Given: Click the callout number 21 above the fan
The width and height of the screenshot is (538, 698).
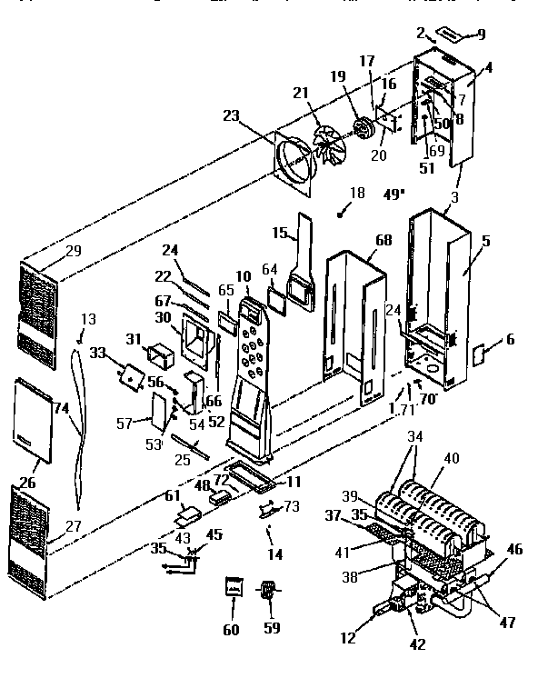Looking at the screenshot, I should click(300, 93).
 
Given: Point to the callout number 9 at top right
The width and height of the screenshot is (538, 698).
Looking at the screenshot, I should click(481, 35).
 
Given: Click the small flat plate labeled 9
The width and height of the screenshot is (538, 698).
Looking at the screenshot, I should click(451, 34).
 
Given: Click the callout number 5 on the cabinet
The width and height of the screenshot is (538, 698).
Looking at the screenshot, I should click(485, 243).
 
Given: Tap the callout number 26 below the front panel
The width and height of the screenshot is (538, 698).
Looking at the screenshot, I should click(28, 483).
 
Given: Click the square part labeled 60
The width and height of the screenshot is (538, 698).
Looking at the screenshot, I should click(234, 586).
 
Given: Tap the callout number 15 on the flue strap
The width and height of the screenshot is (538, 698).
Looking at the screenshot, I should click(281, 233).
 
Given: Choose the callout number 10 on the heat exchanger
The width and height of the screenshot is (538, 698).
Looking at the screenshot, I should click(244, 275).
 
